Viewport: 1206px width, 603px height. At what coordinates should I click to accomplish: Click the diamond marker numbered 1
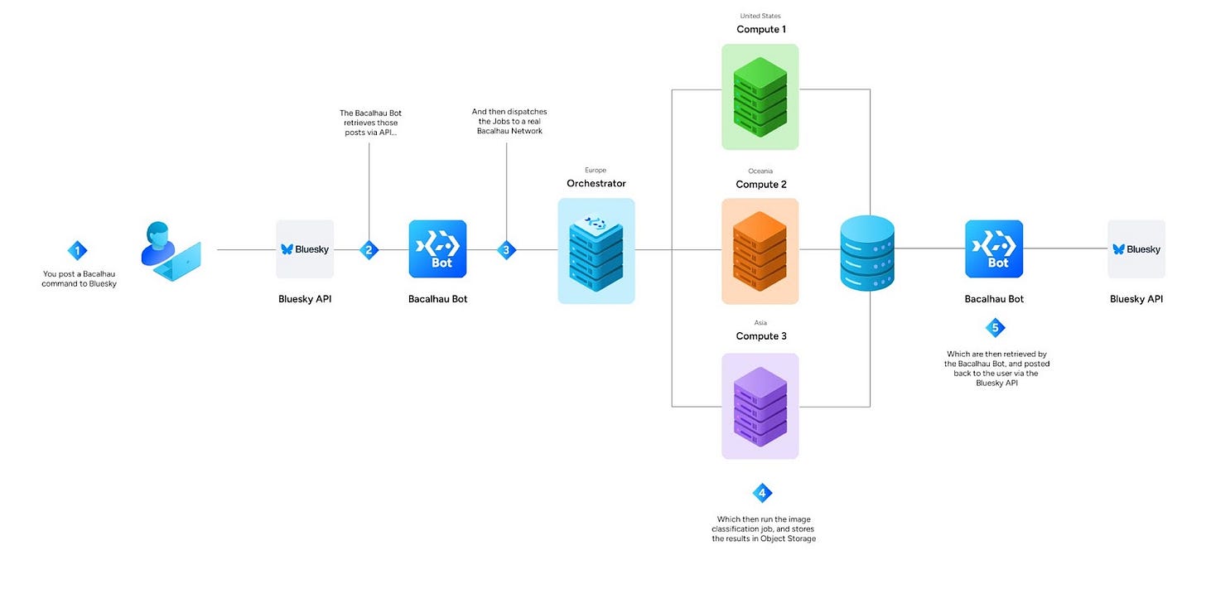(x=78, y=250)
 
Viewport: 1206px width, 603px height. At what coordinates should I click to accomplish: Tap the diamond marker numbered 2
(x=369, y=250)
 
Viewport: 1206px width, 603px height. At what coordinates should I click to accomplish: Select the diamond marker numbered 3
(x=506, y=250)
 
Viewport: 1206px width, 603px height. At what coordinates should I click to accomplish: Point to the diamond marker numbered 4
(x=762, y=493)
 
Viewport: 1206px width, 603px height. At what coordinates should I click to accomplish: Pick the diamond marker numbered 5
(x=995, y=327)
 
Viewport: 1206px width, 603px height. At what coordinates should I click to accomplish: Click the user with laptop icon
(x=171, y=251)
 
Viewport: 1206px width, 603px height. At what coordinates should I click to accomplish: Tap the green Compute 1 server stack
(x=760, y=97)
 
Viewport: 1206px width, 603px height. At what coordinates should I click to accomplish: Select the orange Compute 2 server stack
(x=760, y=252)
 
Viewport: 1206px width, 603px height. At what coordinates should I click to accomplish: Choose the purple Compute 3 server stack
(x=760, y=407)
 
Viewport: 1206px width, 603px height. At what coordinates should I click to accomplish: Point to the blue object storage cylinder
(x=867, y=253)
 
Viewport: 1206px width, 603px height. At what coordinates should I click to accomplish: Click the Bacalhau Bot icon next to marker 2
(x=437, y=248)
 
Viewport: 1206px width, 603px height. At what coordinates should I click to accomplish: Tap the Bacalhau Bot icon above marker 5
(x=994, y=248)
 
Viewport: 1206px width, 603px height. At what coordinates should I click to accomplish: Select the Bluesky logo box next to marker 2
(x=305, y=248)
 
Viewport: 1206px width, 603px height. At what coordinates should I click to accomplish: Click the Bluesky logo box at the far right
(x=1136, y=248)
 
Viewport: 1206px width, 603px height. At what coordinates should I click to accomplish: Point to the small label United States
(x=760, y=17)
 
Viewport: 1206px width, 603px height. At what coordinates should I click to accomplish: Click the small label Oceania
(x=760, y=171)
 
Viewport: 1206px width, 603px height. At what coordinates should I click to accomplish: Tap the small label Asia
(x=760, y=323)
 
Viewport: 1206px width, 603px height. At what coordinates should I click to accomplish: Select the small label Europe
(x=596, y=170)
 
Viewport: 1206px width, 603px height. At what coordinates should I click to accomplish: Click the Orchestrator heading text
(x=596, y=184)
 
